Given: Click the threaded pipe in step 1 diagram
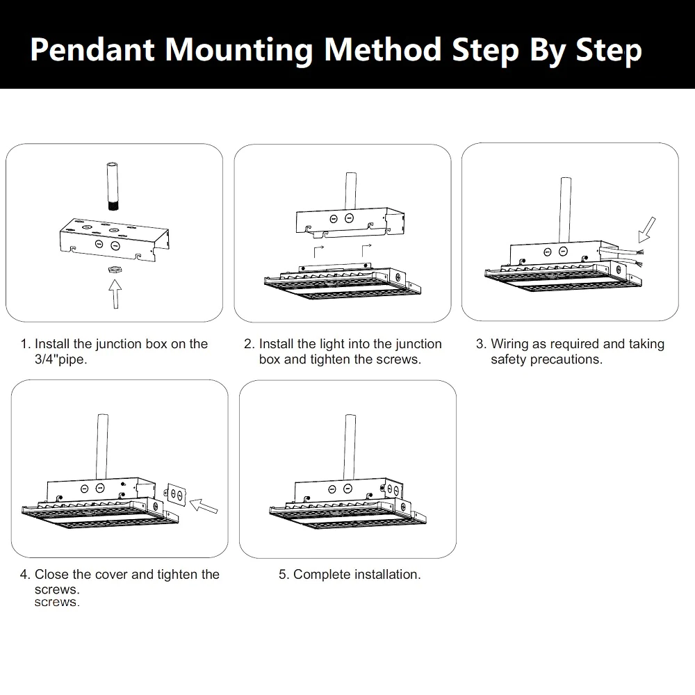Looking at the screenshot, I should tap(113, 186).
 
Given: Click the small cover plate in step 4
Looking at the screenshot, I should tap(175, 495).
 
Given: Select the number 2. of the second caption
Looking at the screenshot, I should tap(249, 344).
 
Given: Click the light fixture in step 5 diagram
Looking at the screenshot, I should tap(344, 514).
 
